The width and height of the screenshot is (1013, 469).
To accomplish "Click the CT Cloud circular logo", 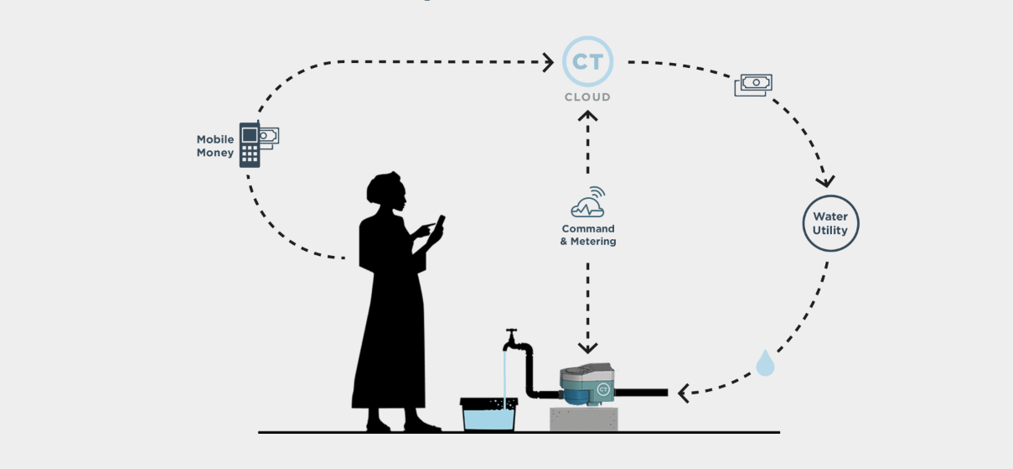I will coord(587,61).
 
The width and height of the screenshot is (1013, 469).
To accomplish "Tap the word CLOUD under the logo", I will coord(587,97).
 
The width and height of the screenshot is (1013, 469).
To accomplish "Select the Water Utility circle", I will coord(830,223).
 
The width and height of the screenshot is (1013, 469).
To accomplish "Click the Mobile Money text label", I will coord(215,146).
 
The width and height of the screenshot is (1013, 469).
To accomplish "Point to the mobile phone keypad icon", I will coord(250,145).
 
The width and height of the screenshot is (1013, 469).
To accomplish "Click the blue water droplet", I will coord(765,363).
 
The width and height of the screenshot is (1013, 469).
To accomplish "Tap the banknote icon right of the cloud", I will coord(753,84).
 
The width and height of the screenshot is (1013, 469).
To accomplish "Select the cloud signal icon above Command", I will coord(588,203).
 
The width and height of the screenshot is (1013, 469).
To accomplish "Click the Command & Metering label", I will coord(588,235).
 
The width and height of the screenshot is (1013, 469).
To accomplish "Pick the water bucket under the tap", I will coord(488,414).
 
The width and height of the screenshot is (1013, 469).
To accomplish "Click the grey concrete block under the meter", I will coord(583,419).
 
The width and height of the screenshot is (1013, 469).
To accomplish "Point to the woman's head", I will coord(388,194).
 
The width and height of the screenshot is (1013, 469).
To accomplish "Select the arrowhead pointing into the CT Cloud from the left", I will coord(548,61).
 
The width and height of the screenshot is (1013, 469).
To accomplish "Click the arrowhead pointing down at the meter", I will coord(588,347).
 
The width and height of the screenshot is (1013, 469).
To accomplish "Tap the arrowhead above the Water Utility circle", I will coord(826,180).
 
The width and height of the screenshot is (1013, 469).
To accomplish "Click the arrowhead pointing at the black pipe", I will coord(684,392).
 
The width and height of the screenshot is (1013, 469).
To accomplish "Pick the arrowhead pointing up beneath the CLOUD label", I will coord(588,117).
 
